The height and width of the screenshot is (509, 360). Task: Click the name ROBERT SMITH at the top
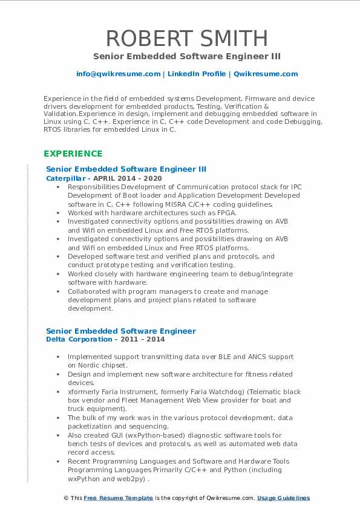tap(187, 38)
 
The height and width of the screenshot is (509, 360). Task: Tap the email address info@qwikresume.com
tap(118, 74)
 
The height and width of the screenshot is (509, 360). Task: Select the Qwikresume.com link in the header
tap(266, 74)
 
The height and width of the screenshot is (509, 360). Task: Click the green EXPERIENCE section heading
tap(73, 154)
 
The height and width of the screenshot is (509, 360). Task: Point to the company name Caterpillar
tap(66, 179)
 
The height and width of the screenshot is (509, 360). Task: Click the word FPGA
tap(225, 213)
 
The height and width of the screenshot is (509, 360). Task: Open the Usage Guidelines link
tap(283, 498)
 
